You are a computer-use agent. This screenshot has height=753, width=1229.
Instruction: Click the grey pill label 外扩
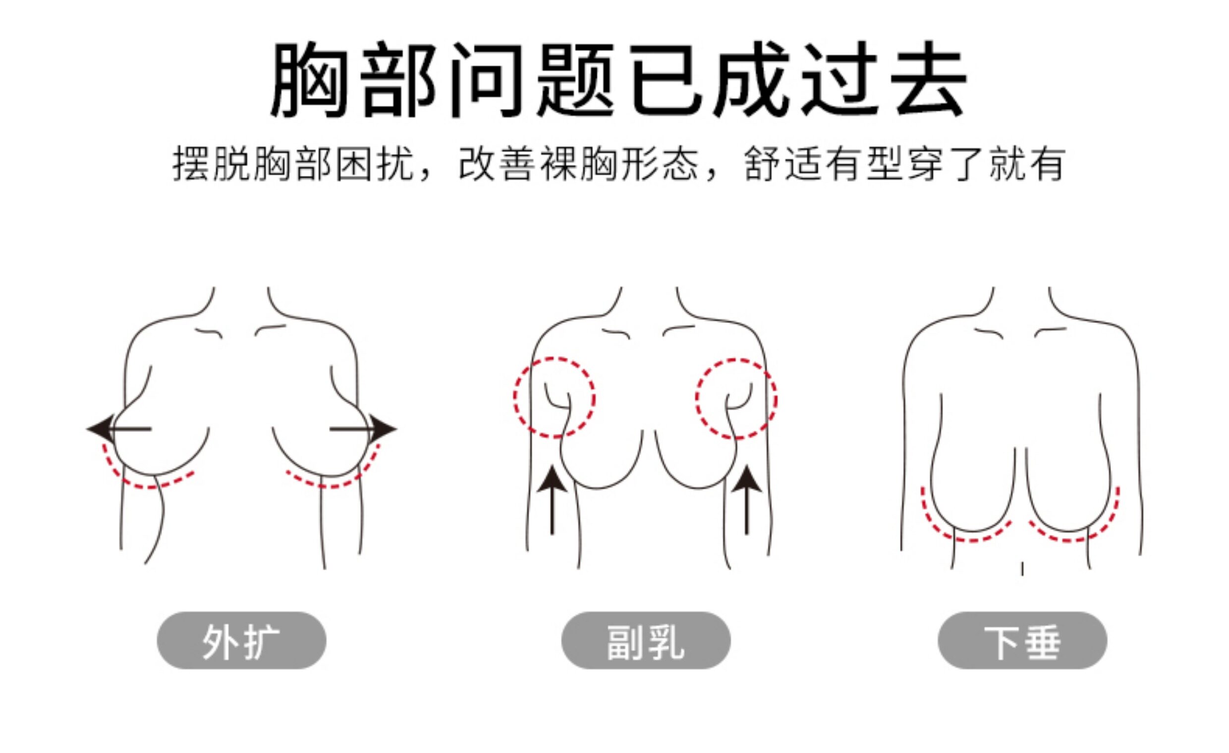click(x=241, y=641)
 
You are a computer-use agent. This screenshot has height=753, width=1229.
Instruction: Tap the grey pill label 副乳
click(x=646, y=641)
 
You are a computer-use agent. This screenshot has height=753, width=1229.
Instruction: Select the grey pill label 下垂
click(x=1022, y=641)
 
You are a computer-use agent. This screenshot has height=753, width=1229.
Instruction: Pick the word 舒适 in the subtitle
click(x=783, y=163)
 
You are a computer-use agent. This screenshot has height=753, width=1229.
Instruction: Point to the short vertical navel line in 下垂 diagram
click(x=1022, y=569)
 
